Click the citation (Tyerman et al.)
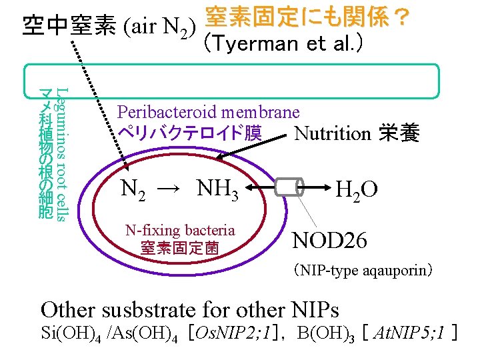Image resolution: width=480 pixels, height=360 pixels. click(283, 44)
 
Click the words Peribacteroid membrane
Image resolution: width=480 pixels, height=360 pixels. click(209, 111)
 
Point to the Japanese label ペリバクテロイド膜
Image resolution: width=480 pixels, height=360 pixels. click(189, 132)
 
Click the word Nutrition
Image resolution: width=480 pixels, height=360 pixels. click(332, 133)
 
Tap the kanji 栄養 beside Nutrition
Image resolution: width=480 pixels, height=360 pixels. click(399, 133)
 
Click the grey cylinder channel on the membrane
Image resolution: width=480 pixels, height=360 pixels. click(287, 187)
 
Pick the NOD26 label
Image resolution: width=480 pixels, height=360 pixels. click(330, 240)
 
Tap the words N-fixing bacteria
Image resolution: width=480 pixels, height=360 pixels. click(180, 231)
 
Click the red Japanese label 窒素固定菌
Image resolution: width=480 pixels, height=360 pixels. click(179, 249)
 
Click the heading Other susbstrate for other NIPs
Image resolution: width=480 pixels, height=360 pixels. click(190, 309)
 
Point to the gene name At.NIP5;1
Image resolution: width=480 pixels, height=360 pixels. click(409, 333)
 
